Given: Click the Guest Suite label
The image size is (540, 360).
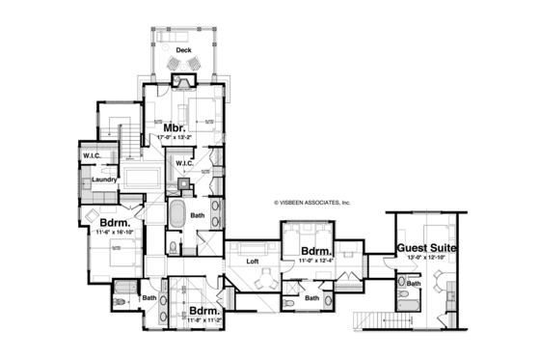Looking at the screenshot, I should (x=426, y=248).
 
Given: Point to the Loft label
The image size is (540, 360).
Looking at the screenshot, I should (x=254, y=262).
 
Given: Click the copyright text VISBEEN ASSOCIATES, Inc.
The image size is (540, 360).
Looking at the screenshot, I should (x=312, y=203).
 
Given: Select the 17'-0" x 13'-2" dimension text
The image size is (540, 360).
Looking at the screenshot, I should (x=175, y=139).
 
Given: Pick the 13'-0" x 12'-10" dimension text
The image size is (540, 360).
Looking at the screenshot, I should (x=425, y=258).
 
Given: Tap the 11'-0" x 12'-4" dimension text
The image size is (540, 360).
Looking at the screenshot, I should (x=316, y=261).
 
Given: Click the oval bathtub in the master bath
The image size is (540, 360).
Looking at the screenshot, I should (x=176, y=215).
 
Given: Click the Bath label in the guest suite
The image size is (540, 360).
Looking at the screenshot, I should (x=414, y=284).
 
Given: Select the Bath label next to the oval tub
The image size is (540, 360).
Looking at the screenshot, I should (x=196, y=215).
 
